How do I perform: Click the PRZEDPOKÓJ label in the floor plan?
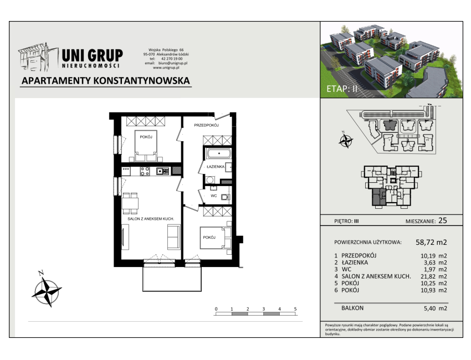coord(206,125)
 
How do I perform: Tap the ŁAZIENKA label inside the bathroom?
coord(215,167)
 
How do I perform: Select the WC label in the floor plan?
coord(213,196)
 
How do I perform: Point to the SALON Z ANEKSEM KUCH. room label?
coord(151,219)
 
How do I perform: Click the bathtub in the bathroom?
coord(218,153)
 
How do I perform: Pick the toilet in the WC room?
coord(226,197)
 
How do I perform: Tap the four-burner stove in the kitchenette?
coord(145,172)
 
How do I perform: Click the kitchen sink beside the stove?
coord(162,172)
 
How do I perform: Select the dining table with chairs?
coord(130,203)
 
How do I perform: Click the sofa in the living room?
coord(173,237)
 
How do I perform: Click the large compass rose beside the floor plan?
coord(47,291)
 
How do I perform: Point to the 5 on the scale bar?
coord(295,309)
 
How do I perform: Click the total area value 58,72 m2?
coord(431,242)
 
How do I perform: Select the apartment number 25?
coord(443,220)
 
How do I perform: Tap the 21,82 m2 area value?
coord(433,276)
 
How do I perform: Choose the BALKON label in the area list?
coord(352,308)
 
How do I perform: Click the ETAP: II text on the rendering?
coord(342,89)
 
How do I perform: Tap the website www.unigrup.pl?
coord(166,68)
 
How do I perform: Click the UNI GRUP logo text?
coord(92,55)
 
